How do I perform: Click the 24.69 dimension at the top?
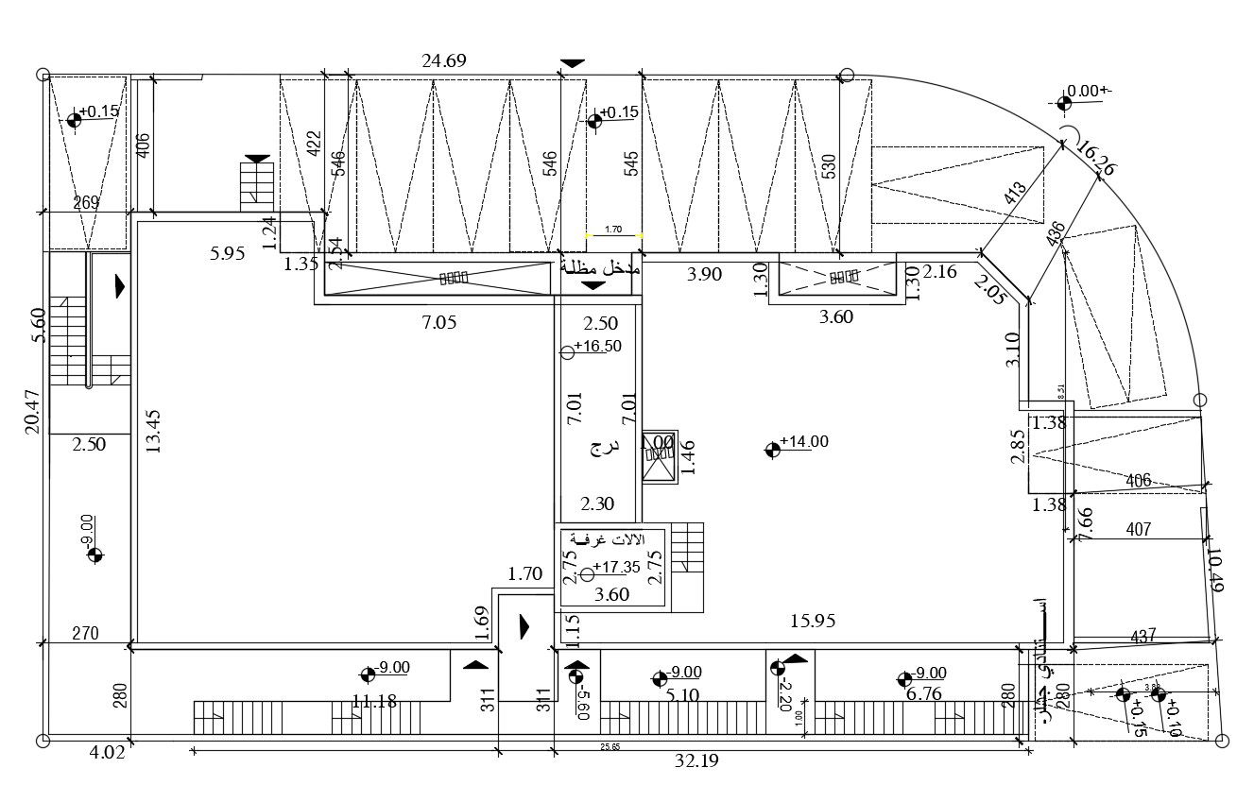(x=444, y=61)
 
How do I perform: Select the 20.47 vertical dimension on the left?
(x=31, y=412)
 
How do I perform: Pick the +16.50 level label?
(x=597, y=346)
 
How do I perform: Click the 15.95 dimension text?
(x=813, y=621)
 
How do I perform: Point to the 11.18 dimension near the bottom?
(x=373, y=702)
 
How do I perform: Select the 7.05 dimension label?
(x=438, y=322)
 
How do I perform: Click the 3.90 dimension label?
(x=703, y=274)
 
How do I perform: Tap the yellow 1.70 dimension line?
(x=612, y=234)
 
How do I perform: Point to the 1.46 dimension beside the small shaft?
(x=687, y=457)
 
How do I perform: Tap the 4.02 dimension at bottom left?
(x=106, y=754)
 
